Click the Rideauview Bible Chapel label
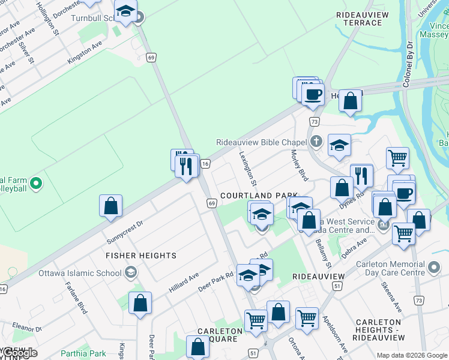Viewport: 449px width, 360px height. tap(261, 142)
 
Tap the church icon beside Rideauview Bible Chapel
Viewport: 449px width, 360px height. tap(317, 142)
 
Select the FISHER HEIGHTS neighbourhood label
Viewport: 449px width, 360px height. tap(141, 256)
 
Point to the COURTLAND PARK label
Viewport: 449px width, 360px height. tap(259, 196)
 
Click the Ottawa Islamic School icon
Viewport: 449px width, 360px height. tap(130, 273)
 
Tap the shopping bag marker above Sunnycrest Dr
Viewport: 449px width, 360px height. tap(111, 206)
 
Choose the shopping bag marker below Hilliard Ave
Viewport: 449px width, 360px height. tap(140, 303)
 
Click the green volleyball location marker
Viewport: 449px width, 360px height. tap(35, 184)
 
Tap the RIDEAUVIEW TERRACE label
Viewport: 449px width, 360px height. tap(359, 18)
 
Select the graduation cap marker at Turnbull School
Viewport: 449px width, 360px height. tap(126, 12)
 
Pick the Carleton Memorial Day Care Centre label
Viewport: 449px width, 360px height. tap(390, 268)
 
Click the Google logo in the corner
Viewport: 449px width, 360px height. tap(19, 353)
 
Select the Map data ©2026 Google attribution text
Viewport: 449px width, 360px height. tap(411, 355)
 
